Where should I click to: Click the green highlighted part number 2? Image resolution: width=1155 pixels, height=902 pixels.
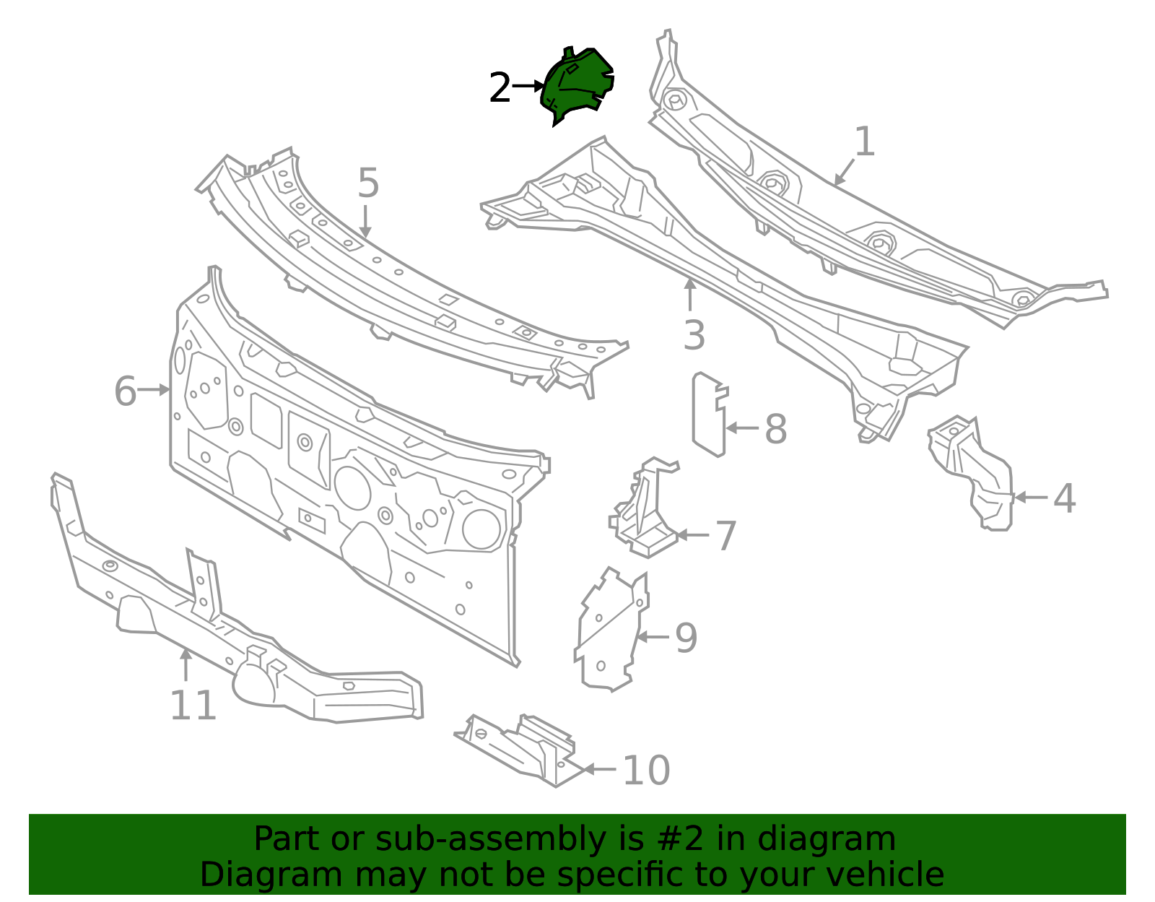(577, 85)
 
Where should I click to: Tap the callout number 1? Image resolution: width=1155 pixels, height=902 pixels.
(865, 142)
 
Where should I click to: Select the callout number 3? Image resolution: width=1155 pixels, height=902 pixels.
(694, 335)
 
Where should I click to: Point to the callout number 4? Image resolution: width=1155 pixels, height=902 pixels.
(1065, 498)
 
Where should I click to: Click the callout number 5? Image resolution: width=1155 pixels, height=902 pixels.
(369, 183)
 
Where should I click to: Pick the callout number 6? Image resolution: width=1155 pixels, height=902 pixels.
(126, 391)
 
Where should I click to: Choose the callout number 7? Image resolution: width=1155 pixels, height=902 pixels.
(726, 535)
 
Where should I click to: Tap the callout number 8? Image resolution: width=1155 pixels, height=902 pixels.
(775, 428)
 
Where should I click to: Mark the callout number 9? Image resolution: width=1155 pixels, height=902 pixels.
(687, 637)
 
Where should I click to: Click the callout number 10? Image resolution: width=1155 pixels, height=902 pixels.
(646, 770)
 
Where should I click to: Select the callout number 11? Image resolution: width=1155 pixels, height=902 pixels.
(193, 705)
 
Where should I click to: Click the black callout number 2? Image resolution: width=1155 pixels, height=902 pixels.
(500, 87)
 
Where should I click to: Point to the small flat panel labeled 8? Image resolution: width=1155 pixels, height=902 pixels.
(710, 415)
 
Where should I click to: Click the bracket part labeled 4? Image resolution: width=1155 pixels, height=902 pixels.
(972, 473)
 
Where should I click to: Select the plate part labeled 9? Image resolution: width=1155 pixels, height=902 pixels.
(611, 630)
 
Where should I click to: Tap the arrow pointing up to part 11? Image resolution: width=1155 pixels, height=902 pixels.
(186, 664)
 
